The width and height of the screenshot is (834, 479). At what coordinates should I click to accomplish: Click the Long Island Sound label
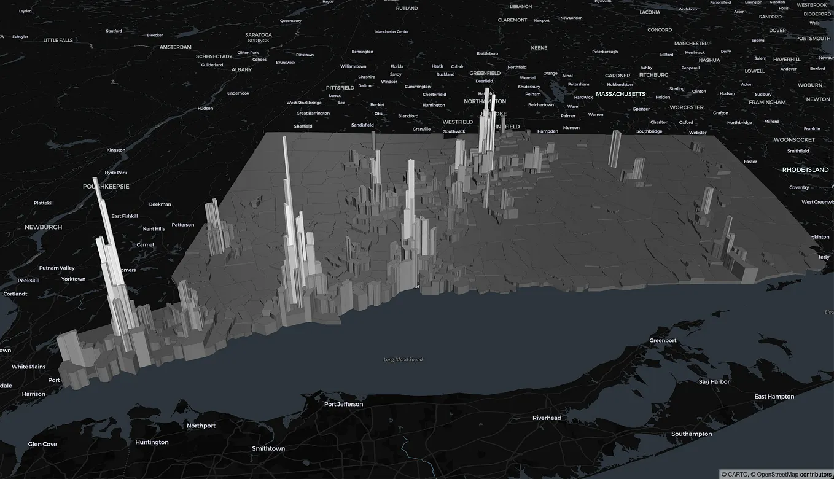(x=403, y=359)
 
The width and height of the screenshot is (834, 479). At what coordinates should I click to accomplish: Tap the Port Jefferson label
(x=343, y=404)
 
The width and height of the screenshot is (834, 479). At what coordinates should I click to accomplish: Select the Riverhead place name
(x=547, y=418)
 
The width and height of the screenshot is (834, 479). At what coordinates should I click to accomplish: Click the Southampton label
(x=692, y=434)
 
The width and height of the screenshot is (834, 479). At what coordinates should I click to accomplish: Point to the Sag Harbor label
(x=712, y=381)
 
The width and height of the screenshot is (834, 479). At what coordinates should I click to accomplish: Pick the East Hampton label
(x=774, y=396)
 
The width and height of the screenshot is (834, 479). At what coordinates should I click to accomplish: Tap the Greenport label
(x=663, y=340)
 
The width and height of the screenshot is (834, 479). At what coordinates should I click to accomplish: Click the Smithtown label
(x=268, y=448)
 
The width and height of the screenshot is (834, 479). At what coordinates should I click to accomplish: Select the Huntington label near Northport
(x=152, y=442)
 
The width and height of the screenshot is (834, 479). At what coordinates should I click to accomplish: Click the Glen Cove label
(x=42, y=444)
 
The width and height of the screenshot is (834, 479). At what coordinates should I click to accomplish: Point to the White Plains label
(x=29, y=367)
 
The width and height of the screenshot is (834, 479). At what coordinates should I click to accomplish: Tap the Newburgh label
(x=43, y=227)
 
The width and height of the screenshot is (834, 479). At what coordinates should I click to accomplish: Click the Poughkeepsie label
(x=106, y=186)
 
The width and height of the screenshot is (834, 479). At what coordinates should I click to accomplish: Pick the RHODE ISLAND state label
(x=805, y=169)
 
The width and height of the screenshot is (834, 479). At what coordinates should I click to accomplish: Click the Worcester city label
(x=687, y=107)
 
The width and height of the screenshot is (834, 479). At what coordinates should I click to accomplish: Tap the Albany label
(x=241, y=69)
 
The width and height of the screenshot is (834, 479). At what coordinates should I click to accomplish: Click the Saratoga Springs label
(x=259, y=37)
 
